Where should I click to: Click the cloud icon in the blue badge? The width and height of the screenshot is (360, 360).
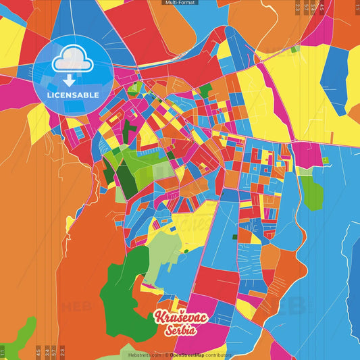(x=72, y=60)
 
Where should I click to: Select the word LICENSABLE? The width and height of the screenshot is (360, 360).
(x=72, y=95)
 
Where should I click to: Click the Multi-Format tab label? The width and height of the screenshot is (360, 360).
(x=180, y=3)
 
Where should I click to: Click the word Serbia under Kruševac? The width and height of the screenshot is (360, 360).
(x=180, y=330)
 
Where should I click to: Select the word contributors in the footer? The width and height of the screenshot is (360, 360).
(x=219, y=354)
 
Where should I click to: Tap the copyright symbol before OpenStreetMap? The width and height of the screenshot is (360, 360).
(x=168, y=354)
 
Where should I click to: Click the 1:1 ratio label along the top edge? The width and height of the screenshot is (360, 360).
(x=356, y=6)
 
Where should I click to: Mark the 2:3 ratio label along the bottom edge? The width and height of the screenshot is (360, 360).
(x=63, y=352)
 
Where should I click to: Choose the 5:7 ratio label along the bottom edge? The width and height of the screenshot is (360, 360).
(x=54, y=352)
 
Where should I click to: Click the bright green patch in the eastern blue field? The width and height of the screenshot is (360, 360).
(x=311, y=193)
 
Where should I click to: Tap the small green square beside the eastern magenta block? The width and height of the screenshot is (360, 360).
(x=325, y=160)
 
